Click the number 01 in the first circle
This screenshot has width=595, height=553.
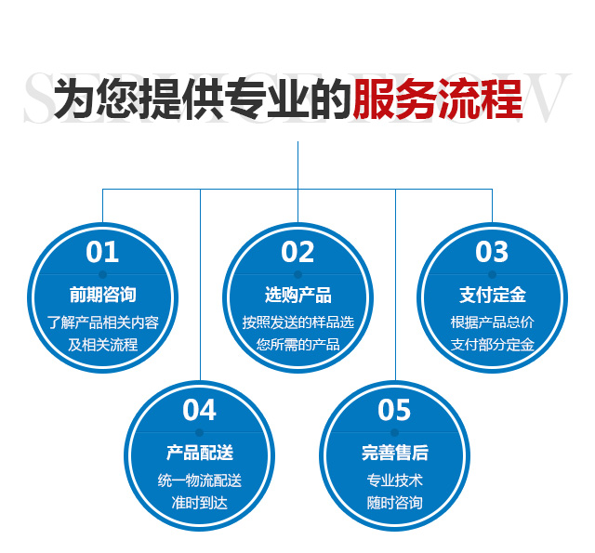(x=102, y=252)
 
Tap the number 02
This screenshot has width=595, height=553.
(x=297, y=252)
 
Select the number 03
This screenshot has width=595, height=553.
(x=492, y=252)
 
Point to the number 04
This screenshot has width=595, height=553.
(x=199, y=410)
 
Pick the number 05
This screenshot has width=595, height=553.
(x=394, y=410)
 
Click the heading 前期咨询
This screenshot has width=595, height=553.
(x=103, y=295)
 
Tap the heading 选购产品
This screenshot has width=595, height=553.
(x=297, y=295)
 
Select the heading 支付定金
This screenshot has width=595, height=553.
(x=493, y=295)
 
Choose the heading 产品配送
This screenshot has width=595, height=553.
(x=200, y=453)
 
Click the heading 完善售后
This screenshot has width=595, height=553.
(x=395, y=453)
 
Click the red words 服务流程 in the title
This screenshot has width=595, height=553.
(x=438, y=99)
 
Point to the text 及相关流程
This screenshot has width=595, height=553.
(x=103, y=345)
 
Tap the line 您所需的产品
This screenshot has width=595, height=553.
(x=297, y=345)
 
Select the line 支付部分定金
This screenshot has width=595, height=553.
(x=493, y=345)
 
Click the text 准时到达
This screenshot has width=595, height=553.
(x=200, y=503)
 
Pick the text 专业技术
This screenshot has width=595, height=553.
(x=394, y=481)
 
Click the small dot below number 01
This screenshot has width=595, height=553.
(x=102, y=274)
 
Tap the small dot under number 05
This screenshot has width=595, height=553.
(x=394, y=432)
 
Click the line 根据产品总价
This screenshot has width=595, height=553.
(x=493, y=323)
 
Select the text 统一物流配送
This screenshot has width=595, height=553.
(x=200, y=481)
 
